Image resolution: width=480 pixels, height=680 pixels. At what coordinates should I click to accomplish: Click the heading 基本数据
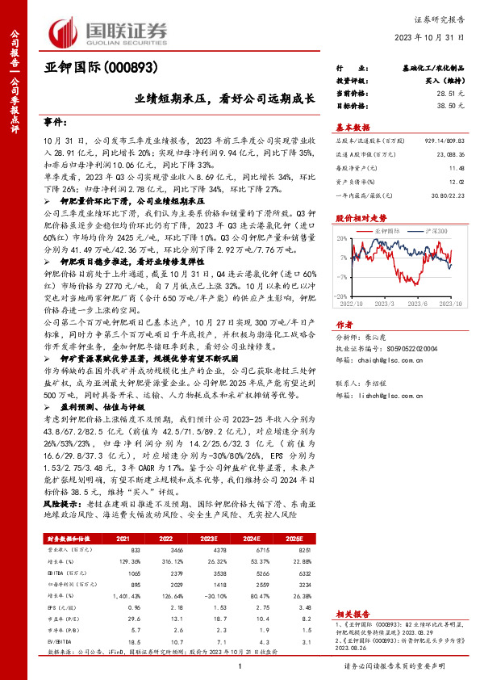click(x=352, y=127)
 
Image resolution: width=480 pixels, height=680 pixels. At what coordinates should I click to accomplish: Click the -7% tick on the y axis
click(x=343, y=276)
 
